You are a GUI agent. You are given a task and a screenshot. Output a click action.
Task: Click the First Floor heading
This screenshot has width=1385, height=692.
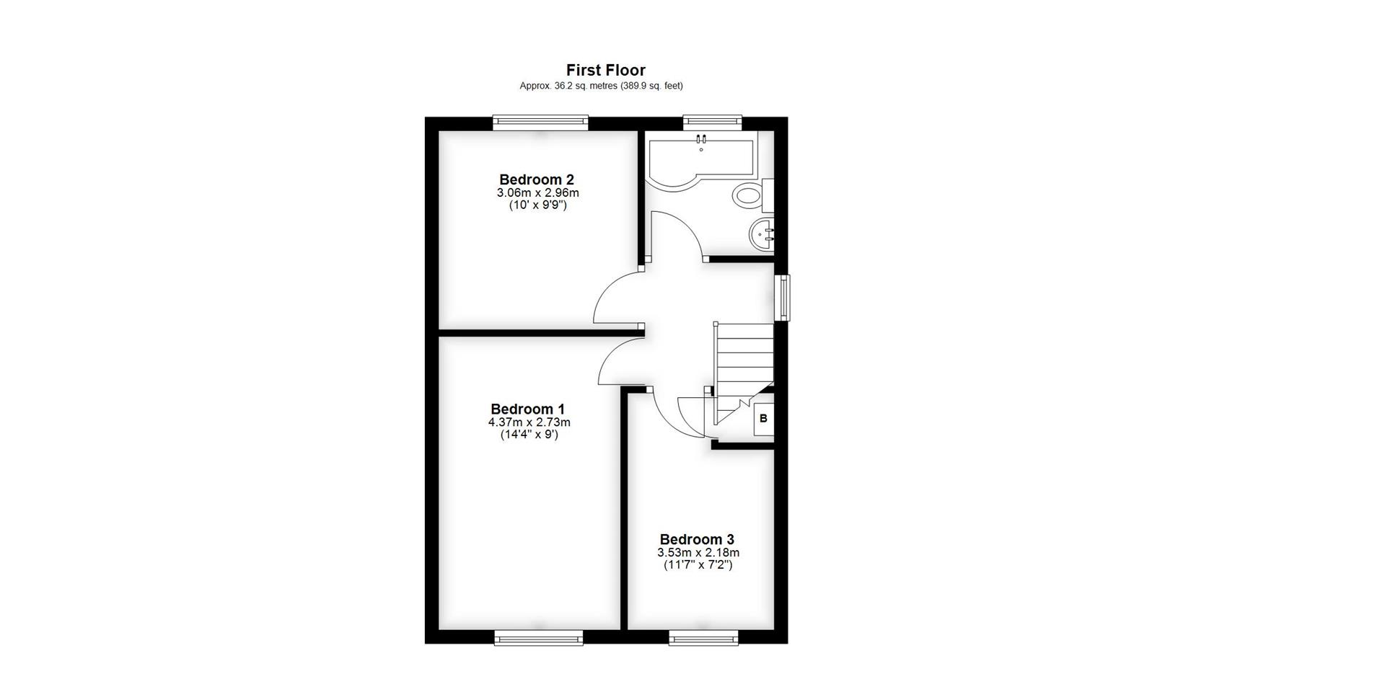[605, 70]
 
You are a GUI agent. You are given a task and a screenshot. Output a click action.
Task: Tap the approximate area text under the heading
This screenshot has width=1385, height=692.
[601, 86]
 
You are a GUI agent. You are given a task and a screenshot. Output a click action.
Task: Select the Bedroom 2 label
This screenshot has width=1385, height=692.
[537, 179]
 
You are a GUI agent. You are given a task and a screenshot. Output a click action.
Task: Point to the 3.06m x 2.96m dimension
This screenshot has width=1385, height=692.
[537, 193]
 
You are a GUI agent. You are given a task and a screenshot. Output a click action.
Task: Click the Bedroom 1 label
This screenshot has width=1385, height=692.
[528, 409]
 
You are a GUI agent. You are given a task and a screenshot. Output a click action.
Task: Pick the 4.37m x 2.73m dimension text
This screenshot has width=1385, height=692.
[529, 422]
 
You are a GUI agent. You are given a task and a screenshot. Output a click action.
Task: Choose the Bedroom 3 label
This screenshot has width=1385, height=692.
[697, 539]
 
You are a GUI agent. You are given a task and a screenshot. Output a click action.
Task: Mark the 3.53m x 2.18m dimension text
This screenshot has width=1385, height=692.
[698, 553]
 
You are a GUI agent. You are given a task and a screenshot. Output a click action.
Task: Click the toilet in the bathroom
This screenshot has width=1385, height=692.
[748, 195]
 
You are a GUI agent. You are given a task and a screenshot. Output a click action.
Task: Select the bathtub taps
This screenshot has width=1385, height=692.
[701, 138]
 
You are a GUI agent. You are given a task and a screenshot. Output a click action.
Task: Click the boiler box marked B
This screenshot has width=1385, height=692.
[763, 419]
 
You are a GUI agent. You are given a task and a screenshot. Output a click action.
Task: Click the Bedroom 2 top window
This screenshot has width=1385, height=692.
[540, 123]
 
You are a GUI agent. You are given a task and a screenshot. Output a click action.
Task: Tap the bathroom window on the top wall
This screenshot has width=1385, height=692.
[712, 122]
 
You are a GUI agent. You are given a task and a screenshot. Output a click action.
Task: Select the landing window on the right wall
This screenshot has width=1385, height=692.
[783, 297]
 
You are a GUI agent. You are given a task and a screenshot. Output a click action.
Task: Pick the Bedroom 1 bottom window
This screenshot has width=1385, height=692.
[538, 637]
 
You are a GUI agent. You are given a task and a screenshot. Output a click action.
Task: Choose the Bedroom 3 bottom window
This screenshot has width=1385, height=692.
[703, 637]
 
